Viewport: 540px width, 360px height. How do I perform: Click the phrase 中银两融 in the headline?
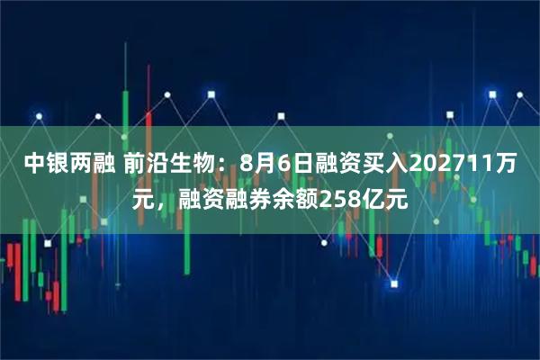(x=62, y=164)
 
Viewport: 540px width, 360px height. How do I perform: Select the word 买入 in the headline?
(x=386, y=164)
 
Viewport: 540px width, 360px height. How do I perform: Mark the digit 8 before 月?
(x=243, y=164)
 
